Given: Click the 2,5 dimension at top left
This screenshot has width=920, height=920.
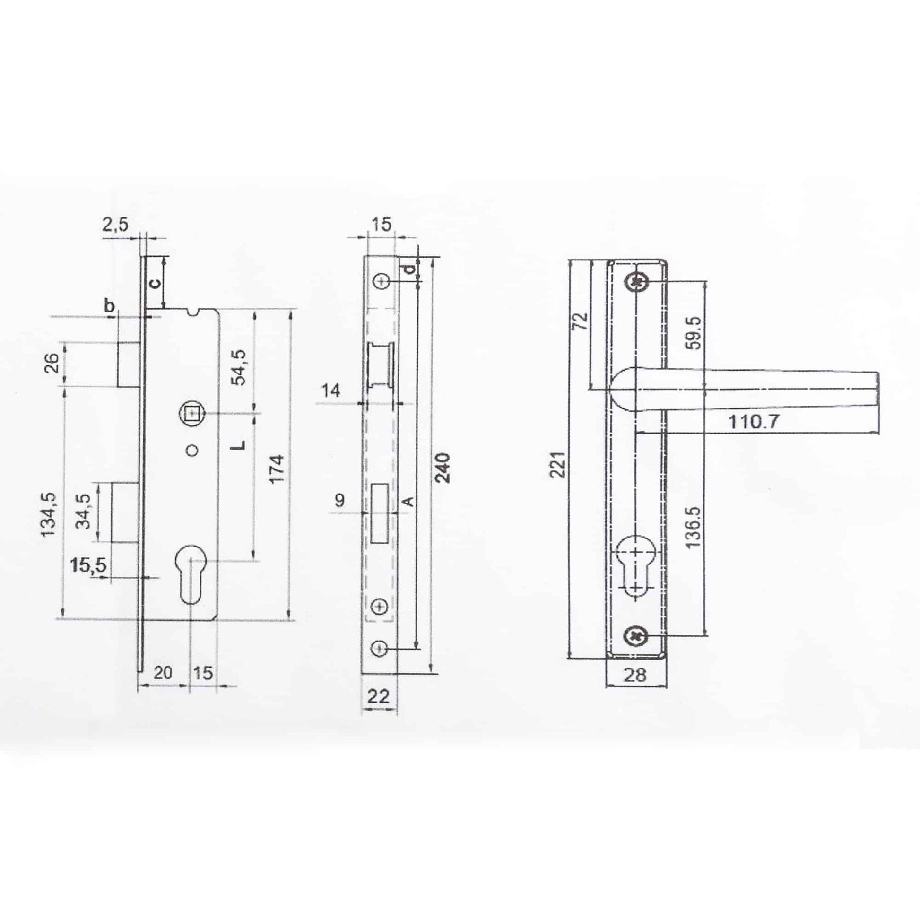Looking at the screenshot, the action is tap(115, 224).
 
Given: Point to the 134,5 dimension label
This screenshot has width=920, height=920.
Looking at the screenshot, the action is tap(50, 514).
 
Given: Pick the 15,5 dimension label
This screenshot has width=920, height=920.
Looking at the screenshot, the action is tap(88, 565).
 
